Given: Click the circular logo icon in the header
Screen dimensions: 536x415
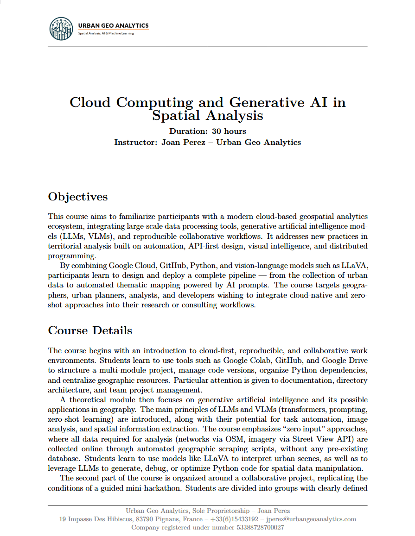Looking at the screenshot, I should [x=61, y=29].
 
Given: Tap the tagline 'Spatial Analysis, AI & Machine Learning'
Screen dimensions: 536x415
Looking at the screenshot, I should [x=106, y=33].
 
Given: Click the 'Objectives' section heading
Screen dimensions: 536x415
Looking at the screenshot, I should [x=78, y=197].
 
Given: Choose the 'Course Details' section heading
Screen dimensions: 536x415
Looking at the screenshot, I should [x=90, y=330].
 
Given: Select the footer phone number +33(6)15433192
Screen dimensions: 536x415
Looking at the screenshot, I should [x=235, y=519].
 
